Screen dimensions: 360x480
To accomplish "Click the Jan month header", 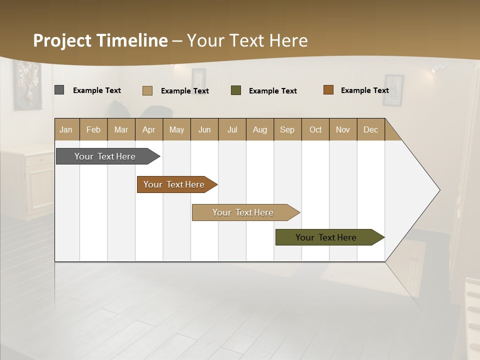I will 66,129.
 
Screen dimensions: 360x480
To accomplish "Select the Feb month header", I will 93,129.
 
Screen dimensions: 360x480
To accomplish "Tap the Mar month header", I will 121,129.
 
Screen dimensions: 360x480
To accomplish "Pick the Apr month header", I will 149,129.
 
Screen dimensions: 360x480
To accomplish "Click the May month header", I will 176,129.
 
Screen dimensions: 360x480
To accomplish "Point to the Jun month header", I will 204,129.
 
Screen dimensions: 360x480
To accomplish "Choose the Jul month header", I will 232,129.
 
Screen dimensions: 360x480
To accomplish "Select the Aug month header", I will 260,129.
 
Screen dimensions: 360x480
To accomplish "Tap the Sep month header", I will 287,129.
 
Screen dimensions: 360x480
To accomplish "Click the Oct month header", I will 315,129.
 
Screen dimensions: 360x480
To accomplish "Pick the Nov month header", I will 343,129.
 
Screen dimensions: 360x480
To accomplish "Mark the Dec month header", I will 371,129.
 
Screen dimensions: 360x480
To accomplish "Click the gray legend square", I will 59,90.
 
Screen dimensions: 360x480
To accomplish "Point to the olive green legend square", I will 236,90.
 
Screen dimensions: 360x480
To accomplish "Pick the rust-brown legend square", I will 328,90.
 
